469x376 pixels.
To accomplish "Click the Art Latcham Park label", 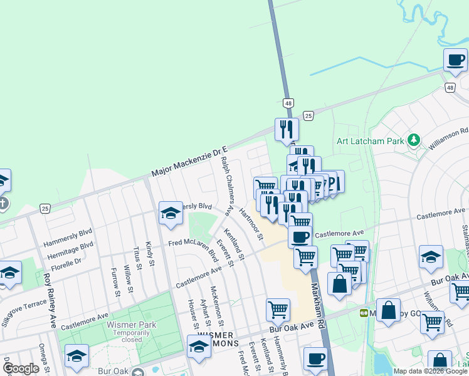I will tap(370, 141).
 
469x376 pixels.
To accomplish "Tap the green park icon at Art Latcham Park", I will tap(413, 139).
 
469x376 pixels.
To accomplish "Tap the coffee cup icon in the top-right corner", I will tap(455, 61).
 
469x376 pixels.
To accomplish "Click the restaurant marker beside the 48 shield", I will tap(286, 129).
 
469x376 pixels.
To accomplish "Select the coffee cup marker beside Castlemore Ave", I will tap(300, 236).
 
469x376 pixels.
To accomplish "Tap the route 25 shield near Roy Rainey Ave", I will tap(45, 207).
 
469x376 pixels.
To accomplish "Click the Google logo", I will tap(21, 368).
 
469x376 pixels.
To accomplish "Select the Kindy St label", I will tap(149, 253).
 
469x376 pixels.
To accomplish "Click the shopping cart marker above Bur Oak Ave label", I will tap(278, 309).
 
